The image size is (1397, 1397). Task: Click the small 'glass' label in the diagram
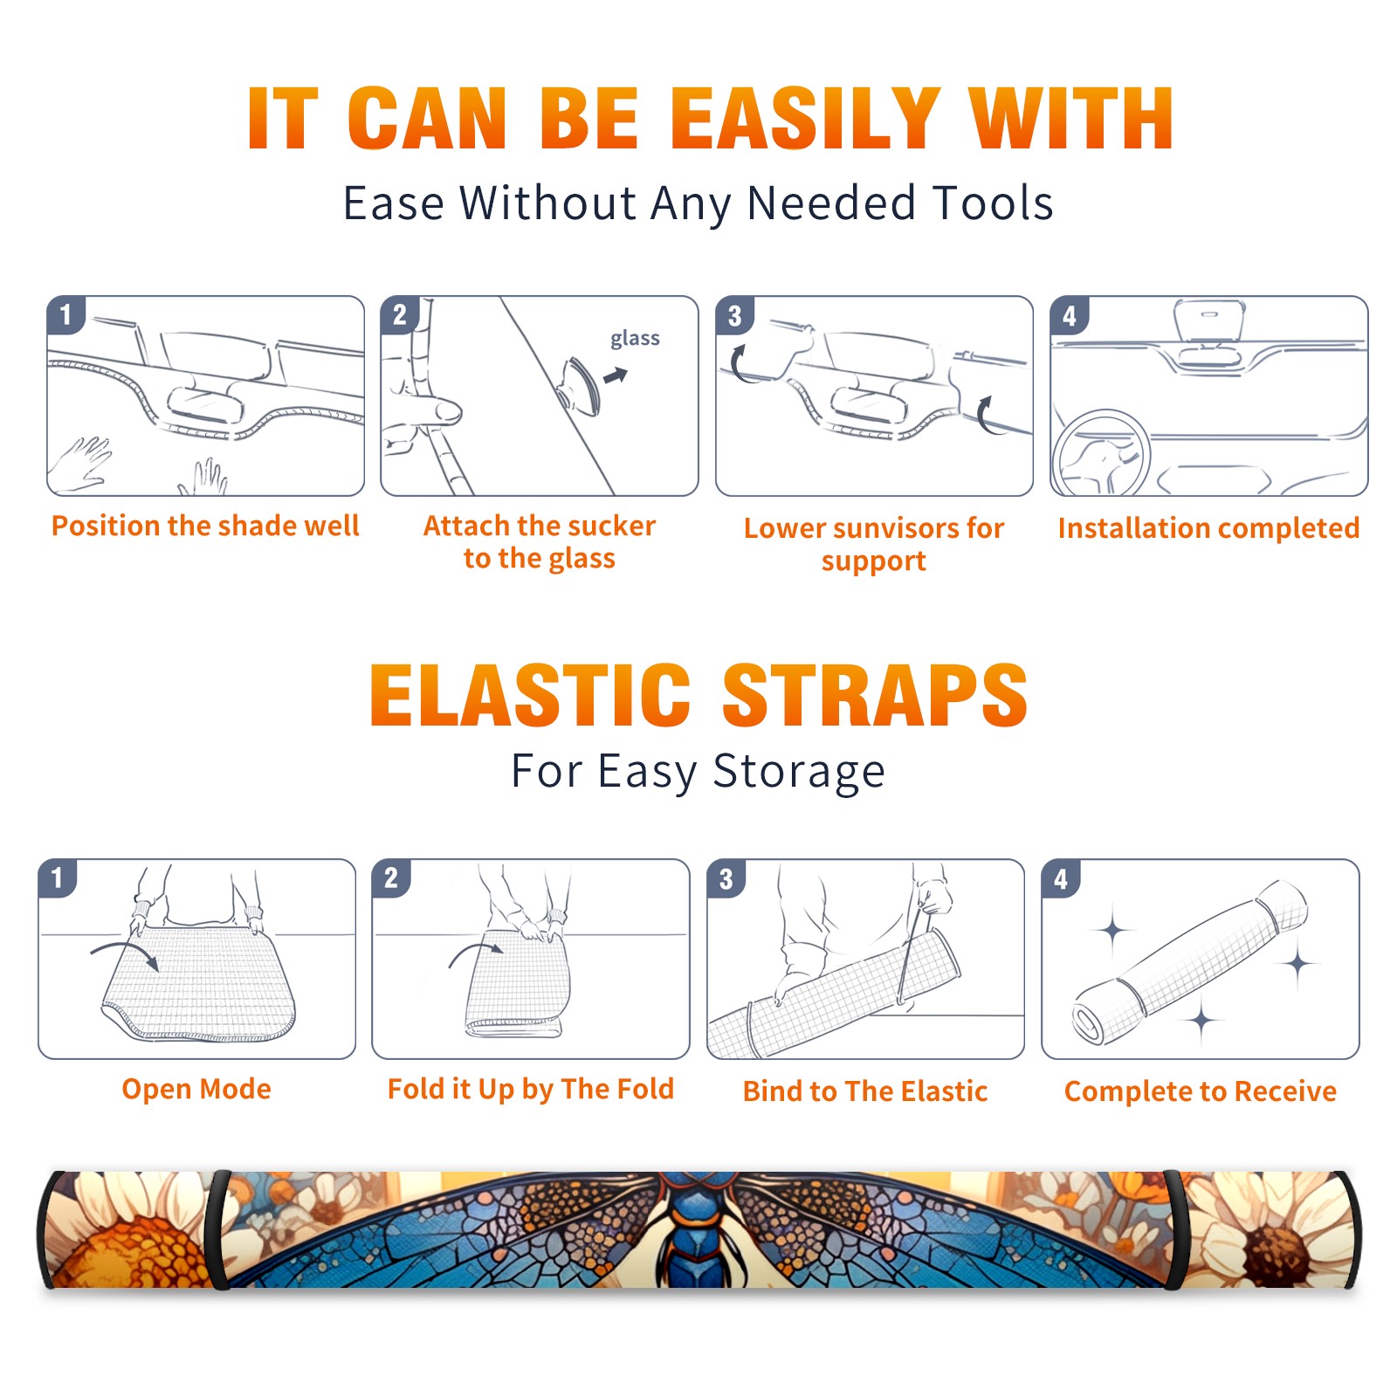(x=635, y=339)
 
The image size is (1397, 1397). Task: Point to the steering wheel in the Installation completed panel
(x=1099, y=452)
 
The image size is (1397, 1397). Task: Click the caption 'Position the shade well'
(x=205, y=526)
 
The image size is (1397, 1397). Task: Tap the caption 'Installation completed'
(x=1208, y=528)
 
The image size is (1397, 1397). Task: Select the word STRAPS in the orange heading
(x=875, y=695)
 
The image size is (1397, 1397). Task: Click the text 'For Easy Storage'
(x=698, y=772)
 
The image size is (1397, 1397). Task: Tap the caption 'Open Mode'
(x=196, y=1089)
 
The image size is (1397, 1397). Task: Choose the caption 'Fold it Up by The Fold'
(x=530, y=1089)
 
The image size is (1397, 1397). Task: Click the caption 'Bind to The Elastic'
(x=864, y=1091)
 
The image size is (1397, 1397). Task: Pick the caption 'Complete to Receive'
(x=1200, y=1091)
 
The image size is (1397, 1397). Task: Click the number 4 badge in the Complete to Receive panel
(x=1062, y=878)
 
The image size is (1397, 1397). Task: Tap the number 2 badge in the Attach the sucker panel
(x=400, y=315)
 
